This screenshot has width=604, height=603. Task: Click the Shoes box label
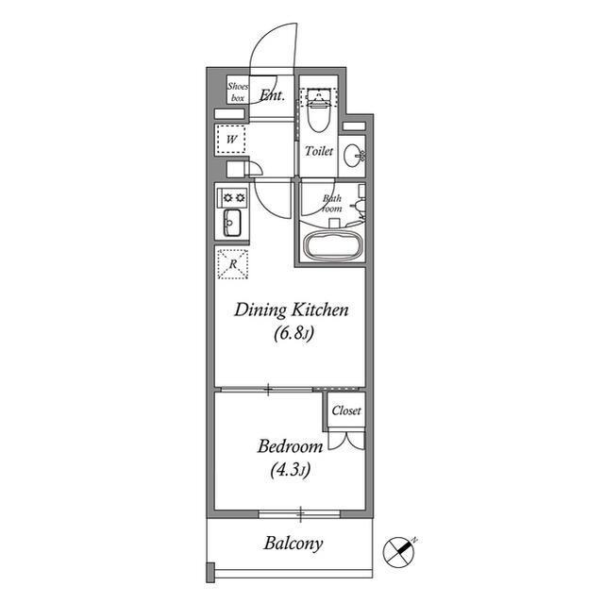(238, 92)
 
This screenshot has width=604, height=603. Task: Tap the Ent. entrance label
(273, 94)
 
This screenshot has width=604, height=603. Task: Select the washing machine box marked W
(231, 139)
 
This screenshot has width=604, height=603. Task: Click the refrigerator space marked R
(233, 264)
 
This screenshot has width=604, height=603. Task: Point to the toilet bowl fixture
(319, 111)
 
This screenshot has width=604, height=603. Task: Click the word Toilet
(319, 151)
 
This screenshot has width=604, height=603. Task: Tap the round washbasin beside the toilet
(354, 156)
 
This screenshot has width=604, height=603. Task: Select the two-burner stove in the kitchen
(232, 198)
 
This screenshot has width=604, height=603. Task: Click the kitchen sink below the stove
(232, 223)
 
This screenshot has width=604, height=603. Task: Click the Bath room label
(332, 203)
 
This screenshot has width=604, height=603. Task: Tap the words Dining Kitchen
(292, 310)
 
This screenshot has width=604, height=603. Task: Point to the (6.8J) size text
(294, 333)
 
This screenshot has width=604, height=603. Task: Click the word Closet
(346, 410)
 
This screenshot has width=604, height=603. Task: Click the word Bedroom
(291, 446)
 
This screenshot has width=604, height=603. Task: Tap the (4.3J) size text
(291, 470)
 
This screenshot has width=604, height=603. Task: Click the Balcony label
(294, 544)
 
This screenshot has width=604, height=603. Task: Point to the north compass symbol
(398, 552)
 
